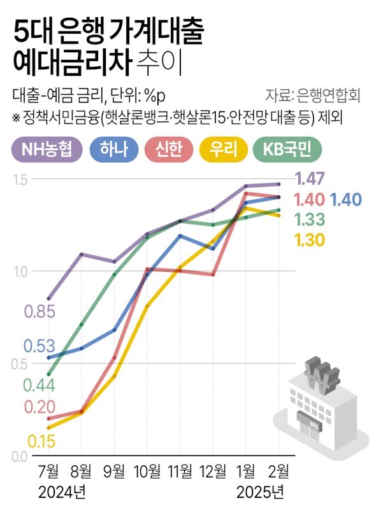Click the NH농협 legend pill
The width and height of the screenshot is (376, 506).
tap(48, 150)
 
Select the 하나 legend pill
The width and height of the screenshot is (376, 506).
tap(115, 150)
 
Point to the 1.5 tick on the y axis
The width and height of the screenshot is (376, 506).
tap(21, 179)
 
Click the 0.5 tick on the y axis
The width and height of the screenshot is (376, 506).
tap(21, 364)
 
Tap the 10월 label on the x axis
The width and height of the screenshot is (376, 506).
tap(147, 472)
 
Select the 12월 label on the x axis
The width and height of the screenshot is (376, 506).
tap(213, 472)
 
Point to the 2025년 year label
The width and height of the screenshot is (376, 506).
tap(261, 492)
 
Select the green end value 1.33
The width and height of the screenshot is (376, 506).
tap(310, 220)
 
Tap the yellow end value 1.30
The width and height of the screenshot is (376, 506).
tap(310, 240)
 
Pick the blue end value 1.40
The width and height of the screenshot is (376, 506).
tap(347, 199)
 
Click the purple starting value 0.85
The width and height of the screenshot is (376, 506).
tap(40, 312)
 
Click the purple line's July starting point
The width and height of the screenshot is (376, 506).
tap(49, 299)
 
